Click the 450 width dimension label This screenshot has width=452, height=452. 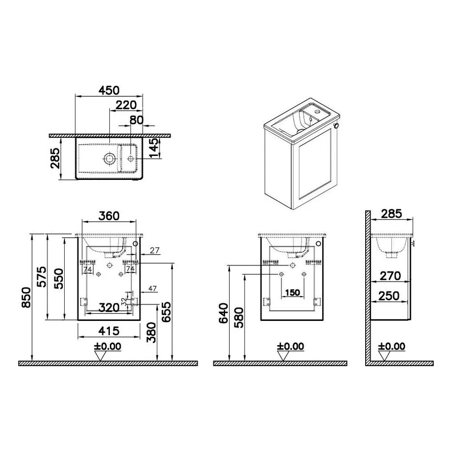(x=109, y=90)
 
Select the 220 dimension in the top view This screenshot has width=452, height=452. (x=126, y=105)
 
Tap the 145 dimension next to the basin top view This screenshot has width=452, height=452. (x=154, y=148)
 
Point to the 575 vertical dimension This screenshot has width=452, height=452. (x=42, y=277)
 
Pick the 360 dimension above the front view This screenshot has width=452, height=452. (x=109, y=216)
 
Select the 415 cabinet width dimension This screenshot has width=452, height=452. (x=108, y=331)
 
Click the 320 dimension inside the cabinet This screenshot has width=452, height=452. (x=109, y=307)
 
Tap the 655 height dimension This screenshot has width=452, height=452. (x=166, y=312)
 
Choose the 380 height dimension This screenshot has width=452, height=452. (x=151, y=332)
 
